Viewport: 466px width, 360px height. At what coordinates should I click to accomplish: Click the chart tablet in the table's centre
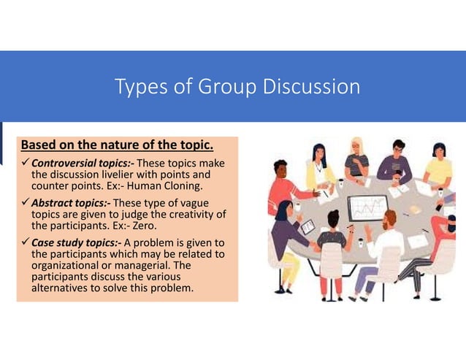click(367, 208)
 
